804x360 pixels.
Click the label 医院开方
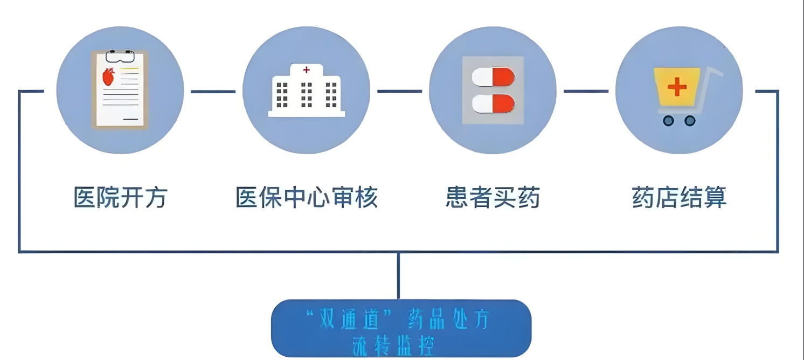point(120,197)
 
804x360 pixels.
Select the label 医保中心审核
point(306,197)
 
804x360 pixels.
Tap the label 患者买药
point(493,197)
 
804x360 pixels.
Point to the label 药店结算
point(679,197)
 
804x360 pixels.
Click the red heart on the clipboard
point(109,77)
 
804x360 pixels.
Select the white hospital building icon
point(306,92)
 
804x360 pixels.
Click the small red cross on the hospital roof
point(307,70)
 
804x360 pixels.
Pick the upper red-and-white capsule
point(493,77)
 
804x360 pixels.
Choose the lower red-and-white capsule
point(493,103)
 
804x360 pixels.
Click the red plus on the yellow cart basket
point(677,87)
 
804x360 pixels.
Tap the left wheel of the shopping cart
point(669,121)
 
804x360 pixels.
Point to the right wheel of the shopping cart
point(690,121)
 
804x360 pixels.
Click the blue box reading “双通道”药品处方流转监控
point(401,328)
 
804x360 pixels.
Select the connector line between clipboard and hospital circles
point(213,92)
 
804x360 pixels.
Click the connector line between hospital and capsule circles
point(399,92)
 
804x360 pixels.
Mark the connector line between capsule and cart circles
point(586,92)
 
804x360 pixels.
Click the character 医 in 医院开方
point(85,197)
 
